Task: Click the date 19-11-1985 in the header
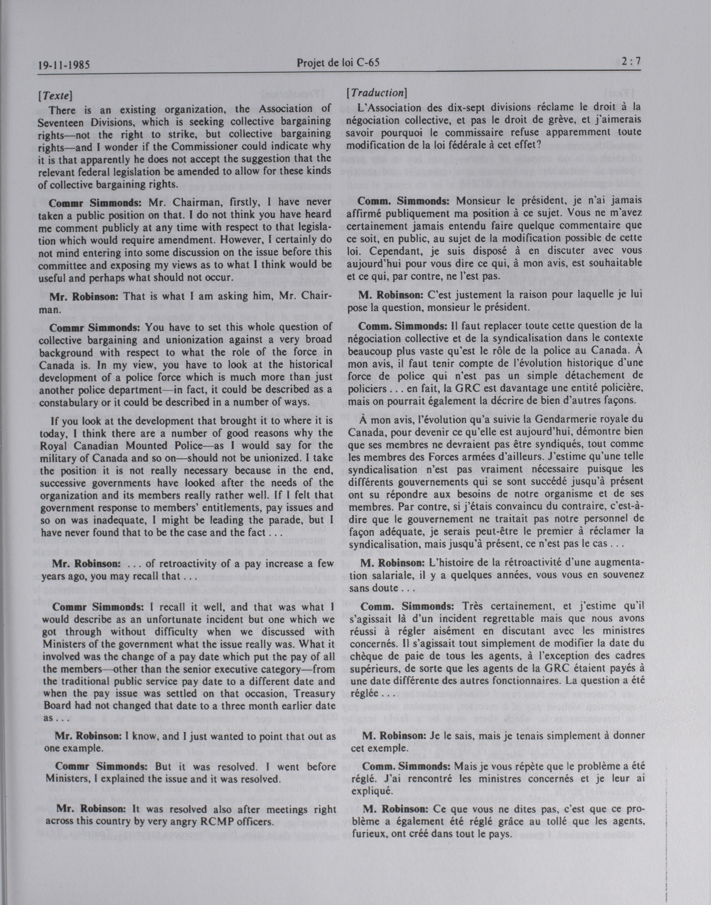tap(64, 65)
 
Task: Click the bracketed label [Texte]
tap(55, 96)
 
